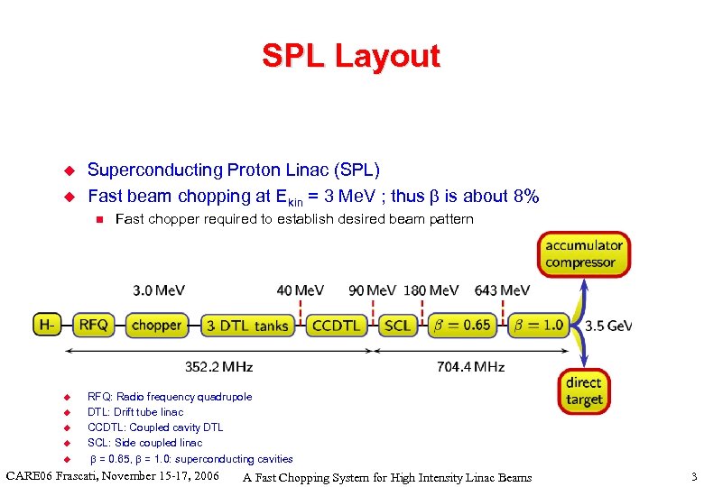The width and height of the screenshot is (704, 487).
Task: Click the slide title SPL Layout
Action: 351,56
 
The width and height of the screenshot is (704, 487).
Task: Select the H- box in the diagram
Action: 47,325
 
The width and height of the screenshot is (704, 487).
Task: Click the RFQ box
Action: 94,325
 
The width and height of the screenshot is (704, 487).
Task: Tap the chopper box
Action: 156,325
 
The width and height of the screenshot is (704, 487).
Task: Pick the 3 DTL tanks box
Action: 246,326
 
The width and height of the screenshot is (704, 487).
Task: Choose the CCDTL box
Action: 336,326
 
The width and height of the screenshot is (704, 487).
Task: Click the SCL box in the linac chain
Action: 397,326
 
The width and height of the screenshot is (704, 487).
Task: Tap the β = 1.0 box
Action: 541,326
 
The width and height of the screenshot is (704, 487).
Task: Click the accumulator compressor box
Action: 584,254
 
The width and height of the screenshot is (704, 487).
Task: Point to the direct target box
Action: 584,391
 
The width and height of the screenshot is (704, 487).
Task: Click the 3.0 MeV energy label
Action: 159,290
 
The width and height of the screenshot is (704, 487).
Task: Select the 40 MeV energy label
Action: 301,290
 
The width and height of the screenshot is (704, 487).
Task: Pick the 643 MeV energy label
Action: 502,290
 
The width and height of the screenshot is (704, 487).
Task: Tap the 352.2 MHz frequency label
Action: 218,367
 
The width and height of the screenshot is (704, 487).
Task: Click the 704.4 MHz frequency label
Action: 470,367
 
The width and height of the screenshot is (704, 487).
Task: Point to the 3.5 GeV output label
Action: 608,326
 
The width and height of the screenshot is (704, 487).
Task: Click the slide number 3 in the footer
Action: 693,476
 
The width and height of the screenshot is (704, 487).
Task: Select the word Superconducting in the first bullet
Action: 142,170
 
